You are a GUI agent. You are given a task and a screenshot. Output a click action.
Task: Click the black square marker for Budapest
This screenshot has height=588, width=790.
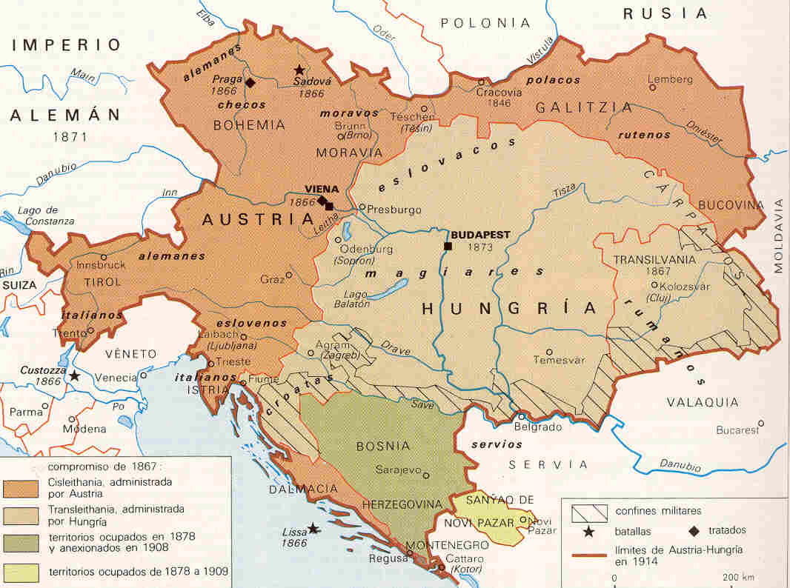[x=448, y=246]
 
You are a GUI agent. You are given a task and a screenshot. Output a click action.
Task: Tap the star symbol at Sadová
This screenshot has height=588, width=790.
[x=299, y=69]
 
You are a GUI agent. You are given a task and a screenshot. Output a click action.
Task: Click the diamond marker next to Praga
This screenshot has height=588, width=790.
[x=250, y=82]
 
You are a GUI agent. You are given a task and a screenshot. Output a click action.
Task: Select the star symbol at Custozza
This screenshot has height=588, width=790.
[x=73, y=376]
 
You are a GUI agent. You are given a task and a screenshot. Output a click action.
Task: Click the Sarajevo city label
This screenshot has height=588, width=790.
[x=398, y=470]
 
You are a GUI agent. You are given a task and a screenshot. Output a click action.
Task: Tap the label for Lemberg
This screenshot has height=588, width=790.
[x=670, y=78]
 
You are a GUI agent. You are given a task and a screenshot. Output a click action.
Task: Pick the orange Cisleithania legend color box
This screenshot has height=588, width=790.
[x=23, y=488]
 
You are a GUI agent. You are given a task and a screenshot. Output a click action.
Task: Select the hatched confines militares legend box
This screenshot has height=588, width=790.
[x=588, y=511]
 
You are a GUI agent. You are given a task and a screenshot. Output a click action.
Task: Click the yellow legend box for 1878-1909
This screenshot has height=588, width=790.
[x=23, y=572]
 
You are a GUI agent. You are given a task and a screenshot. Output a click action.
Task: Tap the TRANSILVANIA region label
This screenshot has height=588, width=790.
[x=654, y=259]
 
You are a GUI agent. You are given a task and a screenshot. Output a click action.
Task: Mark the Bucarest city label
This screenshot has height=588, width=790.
[x=737, y=430]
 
